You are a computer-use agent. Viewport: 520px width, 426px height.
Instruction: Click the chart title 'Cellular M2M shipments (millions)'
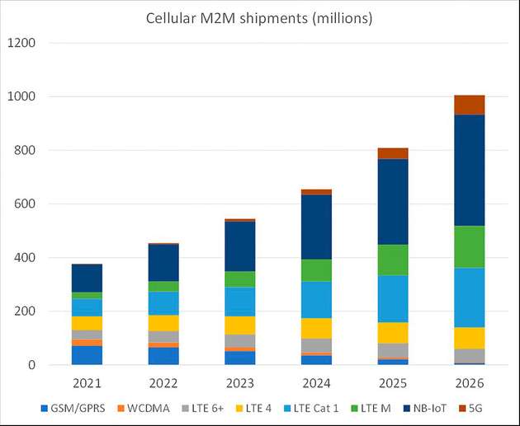pos(258,17)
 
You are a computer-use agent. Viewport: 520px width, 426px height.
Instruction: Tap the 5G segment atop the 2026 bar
pos(469,105)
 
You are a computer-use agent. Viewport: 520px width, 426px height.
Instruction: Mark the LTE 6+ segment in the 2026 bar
pos(469,355)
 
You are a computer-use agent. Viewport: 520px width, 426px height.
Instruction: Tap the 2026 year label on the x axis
pos(469,383)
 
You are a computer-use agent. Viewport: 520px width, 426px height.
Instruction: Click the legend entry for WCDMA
pos(144,408)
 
